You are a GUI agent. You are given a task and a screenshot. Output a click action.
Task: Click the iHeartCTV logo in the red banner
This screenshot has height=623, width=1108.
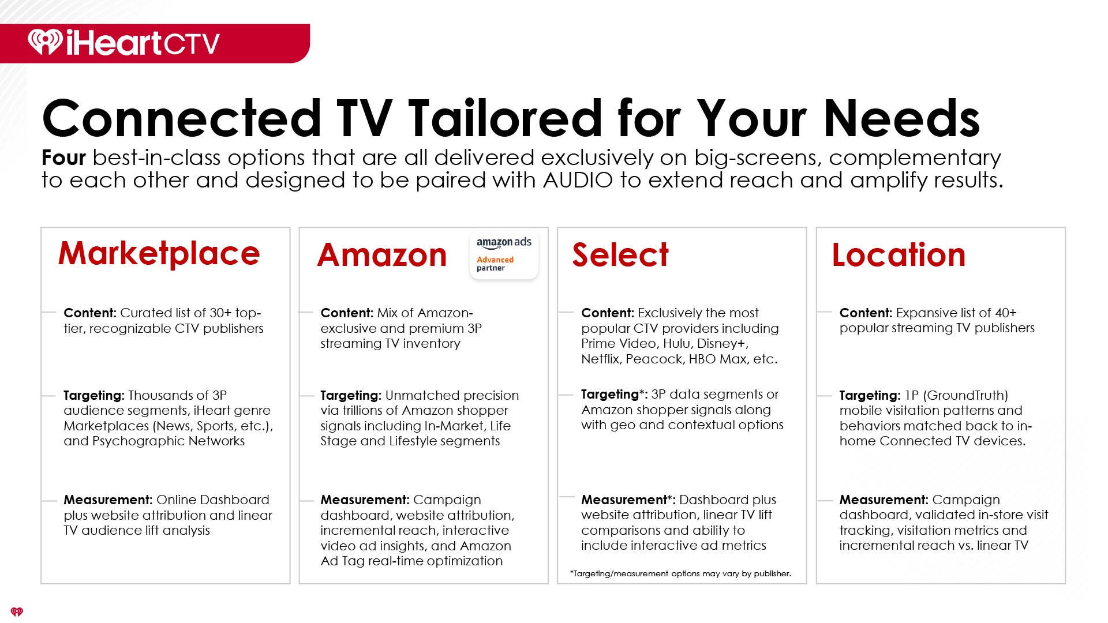point(124,43)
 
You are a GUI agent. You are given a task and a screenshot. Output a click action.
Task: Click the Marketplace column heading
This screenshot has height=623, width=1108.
point(159,253)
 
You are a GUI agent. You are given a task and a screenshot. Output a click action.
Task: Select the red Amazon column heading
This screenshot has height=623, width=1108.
point(382,255)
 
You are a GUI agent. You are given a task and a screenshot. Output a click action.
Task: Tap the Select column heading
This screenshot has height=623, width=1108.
point(620,255)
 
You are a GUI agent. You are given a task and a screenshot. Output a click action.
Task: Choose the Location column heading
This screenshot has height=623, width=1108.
point(899,255)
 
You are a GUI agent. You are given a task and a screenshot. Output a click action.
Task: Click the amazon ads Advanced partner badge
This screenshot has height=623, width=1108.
point(504,255)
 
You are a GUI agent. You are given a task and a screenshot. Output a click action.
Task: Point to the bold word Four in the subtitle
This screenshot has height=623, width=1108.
point(63,157)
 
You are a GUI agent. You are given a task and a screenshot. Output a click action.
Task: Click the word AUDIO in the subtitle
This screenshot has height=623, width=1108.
point(578,180)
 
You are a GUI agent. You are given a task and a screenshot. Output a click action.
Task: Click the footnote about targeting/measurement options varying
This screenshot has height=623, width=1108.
point(680,573)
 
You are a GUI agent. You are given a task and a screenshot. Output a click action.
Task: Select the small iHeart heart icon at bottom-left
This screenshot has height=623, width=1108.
point(17,611)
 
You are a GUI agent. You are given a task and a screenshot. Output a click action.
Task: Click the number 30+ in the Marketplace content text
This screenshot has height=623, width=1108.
point(220,313)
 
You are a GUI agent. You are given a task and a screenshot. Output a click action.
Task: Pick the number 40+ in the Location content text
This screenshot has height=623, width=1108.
point(1006,313)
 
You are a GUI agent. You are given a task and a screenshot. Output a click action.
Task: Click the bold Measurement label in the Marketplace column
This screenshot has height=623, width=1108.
point(108,500)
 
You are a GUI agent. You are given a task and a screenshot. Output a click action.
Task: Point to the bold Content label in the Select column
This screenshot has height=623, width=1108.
point(608,313)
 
